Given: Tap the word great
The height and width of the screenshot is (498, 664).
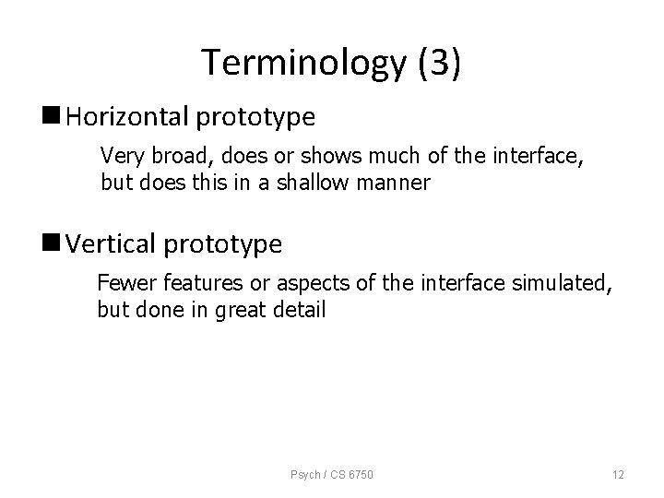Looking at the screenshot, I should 238,310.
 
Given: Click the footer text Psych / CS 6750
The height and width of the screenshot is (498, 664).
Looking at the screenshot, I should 333,475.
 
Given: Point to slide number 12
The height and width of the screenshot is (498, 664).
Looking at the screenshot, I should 618,475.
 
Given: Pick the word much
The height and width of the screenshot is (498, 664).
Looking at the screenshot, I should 370,154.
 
